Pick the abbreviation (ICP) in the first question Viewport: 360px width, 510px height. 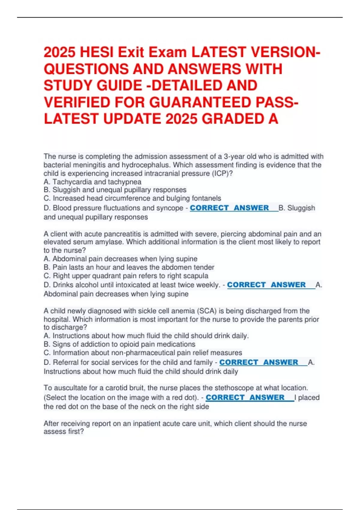220,173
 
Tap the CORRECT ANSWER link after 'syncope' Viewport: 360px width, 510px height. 229,208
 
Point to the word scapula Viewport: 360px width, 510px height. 197,276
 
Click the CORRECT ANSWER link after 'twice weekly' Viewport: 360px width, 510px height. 266,285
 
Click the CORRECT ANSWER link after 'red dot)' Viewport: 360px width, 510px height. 245,397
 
